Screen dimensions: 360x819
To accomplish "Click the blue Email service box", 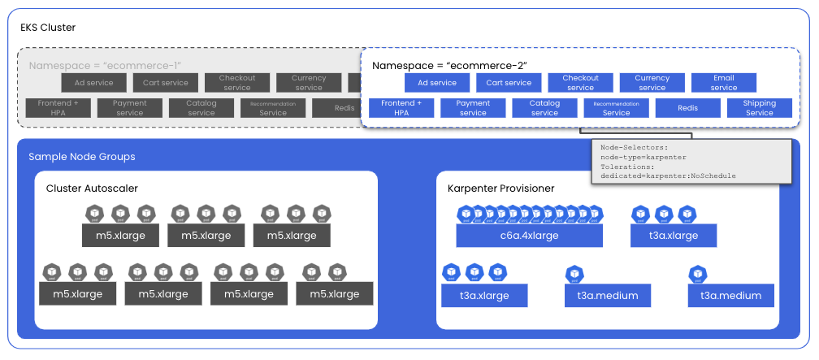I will pos(724,83).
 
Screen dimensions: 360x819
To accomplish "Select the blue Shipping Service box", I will pos(760,108).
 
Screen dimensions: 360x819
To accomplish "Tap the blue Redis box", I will pos(688,108).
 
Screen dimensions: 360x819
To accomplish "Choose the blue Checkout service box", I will pos(580,83).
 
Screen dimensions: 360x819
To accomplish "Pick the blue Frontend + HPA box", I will pos(401,108).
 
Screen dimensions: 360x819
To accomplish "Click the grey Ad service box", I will pos(94,83).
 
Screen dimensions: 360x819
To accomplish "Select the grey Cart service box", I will pos(166,83).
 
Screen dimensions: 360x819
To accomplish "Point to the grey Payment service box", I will pos(130,108).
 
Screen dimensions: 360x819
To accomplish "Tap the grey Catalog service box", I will pos(201,108).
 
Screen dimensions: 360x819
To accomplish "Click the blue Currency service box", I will pos(652,83).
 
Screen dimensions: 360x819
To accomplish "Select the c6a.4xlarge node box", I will pos(529,236).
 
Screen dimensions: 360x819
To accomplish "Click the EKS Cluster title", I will pos(48,28).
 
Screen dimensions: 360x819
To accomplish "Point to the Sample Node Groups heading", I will pos(82,156).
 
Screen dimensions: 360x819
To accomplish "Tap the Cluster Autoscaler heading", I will pos(92,189).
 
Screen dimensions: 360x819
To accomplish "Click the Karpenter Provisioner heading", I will pos(501,189).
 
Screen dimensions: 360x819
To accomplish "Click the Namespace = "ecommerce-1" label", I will pos(105,66).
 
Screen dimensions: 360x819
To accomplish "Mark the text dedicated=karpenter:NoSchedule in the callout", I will pos(668,176).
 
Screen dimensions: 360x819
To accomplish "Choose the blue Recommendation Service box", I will pos(616,108).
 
